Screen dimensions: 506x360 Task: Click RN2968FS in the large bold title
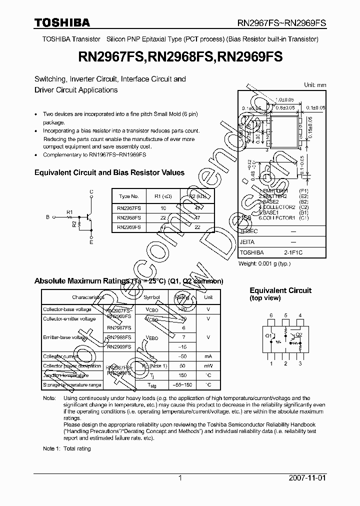pos(180,58)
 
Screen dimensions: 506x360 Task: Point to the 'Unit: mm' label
pos(315,85)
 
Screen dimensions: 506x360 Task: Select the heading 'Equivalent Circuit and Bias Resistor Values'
pos(109,172)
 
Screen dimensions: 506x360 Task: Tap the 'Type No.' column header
pos(129,196)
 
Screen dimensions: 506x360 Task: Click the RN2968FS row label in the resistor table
pos(129,217)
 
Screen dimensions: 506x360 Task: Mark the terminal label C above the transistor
pos(91,191)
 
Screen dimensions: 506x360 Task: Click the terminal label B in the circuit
pos(48,217)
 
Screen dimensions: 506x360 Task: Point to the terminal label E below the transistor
pos(91,242)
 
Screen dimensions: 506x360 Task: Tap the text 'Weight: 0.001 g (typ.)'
pos(264,263)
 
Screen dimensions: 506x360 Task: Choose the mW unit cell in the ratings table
pos(208,366)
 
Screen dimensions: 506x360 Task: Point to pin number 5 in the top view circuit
pos(285,315)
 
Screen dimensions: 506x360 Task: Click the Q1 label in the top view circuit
pos(268,335)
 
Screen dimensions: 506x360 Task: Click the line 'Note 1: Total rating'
pos(67,448)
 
